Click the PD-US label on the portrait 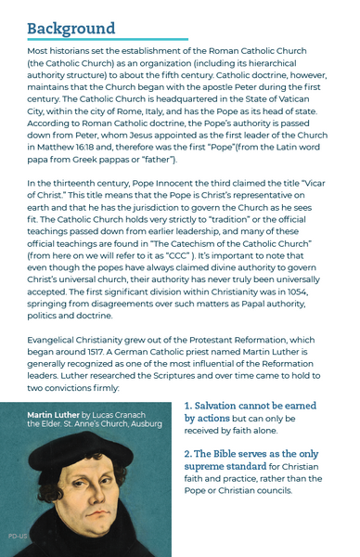[18, 537]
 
